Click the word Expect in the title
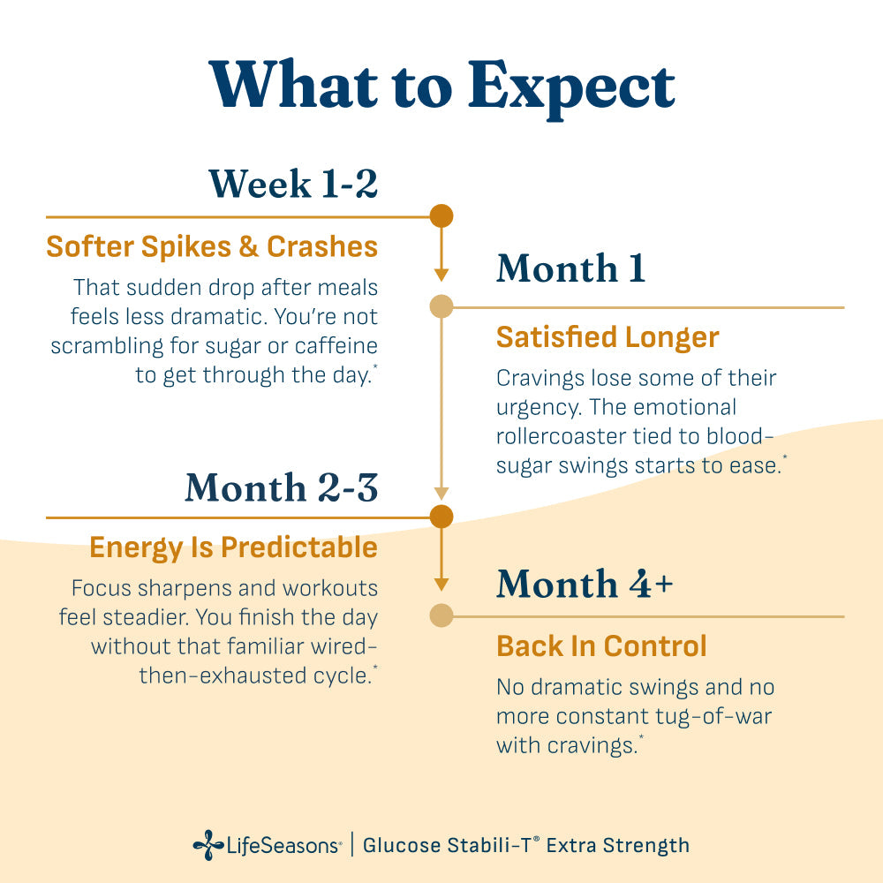[x=571, y=87]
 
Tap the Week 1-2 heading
[x=293, y=184]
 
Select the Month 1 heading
[x=570, y=268]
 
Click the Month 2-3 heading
[x=282, y=487]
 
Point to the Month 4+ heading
[x=585, y=584]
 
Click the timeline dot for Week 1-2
[x=441, y=216]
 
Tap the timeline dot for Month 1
[x=441, y=306]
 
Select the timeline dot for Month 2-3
[x=441, y=517]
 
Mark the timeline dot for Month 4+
[x=441, y=615]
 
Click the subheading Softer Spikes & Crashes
[x=212, y=246]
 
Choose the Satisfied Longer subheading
[x=608, y=337]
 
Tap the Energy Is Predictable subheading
[x=233, y=547]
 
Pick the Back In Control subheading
[x=601, y=646]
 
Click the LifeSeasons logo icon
[x=208, y=845]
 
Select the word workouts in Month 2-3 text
[x=330, y=588]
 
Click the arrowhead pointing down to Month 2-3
[x=441, y=494]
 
